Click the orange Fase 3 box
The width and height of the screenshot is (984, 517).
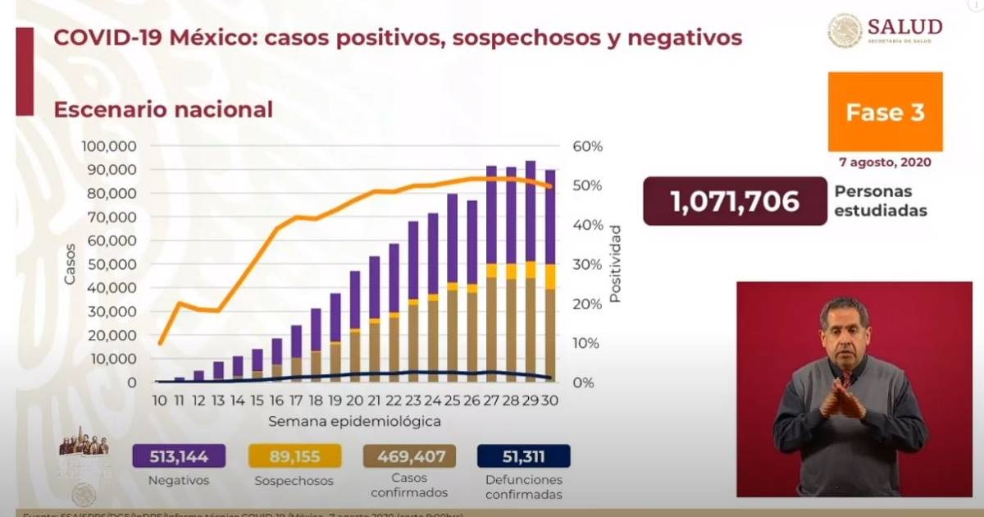[885, 112]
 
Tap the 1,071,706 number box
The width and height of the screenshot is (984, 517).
[735, 201]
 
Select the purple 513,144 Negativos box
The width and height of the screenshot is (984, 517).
[178, 456]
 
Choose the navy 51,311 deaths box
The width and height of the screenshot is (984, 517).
[523, 456]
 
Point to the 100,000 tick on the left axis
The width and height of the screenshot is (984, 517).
[109, 146]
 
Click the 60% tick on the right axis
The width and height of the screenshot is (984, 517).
[587, 146]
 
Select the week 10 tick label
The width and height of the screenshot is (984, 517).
[160, 401]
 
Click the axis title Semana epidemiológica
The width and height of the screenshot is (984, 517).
[355, 421]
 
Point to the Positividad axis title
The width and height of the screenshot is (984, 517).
[616, 263]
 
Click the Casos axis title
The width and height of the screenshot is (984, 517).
[70, 264]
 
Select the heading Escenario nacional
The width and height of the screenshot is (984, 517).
[163, 109]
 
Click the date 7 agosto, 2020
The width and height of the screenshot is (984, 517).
[885, 162]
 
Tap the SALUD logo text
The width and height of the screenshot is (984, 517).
[904, 26]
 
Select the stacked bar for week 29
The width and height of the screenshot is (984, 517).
[530, 271]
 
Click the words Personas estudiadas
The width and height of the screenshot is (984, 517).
[881, 201]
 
